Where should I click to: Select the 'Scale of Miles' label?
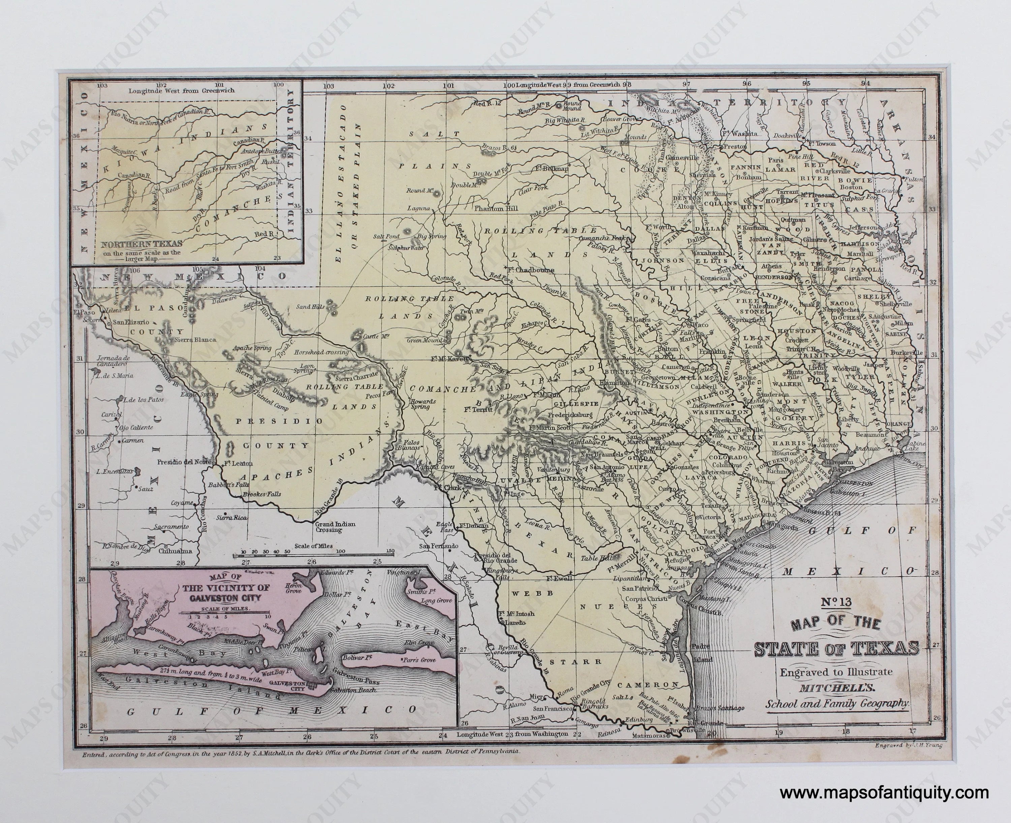click(313, 546)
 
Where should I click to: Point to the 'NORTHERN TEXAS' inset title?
click(141, 245)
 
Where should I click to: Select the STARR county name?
click(587, 661)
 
